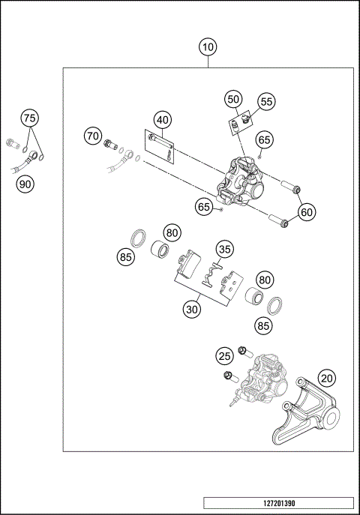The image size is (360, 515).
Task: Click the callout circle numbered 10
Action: pyautogui.click(x=208, y=47)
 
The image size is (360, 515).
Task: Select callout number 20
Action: pyautogui.click(x=326, y=378)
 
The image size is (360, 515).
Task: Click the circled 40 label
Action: pyautogui.click(x=163, y=120)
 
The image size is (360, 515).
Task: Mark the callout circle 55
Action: pyautogui.click(x=266, y=102)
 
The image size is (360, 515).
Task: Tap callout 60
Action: pyautogui.click(x=306, y=213)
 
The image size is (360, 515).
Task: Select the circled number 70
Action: pyautogui.click(x=92, y=136)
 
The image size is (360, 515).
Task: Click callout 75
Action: pyautogui.click(x=28, y=118)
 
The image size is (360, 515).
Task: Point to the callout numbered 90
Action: pyautogui.click(x=26, y=183)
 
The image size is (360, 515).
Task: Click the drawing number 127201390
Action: pyautogui.click(x=278, y=504)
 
